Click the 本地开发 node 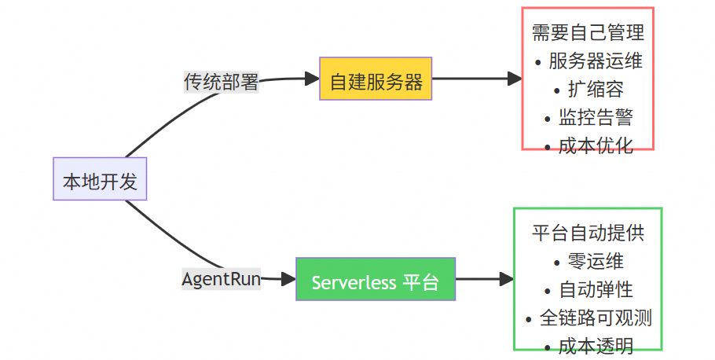click(100, 179)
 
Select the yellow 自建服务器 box click(376, 79)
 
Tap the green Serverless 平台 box click(376, 279)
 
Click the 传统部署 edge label click(221, 81)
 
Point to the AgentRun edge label click(221, 279)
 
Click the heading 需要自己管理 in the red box click(588, 32)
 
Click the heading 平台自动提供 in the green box click(588, 233)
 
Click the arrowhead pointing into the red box click(515, 79)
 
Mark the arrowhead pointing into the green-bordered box click(506, 279)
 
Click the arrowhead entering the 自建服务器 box click(312, 79)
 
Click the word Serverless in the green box click(354, 282)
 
